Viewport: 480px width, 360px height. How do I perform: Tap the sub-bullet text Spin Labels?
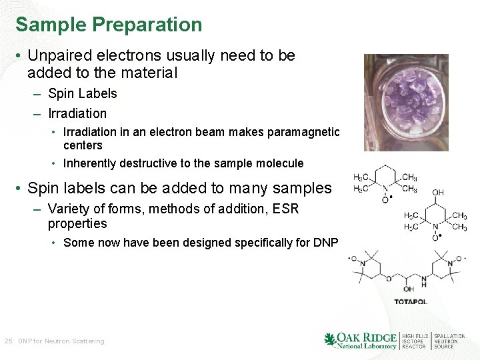[82, 93]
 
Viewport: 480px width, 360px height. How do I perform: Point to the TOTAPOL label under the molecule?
[411, 302]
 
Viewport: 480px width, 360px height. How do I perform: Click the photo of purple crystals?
[406, 103]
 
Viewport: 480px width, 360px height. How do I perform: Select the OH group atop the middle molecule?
[437, 193]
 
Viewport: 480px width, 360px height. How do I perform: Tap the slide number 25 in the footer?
[8, 341]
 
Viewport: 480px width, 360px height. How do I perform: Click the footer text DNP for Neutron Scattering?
[61, 341]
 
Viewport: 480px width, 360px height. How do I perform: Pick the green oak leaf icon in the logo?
[330, 341]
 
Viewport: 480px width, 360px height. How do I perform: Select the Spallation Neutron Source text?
[449, 341]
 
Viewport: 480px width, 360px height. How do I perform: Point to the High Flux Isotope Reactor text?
[414, 341]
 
